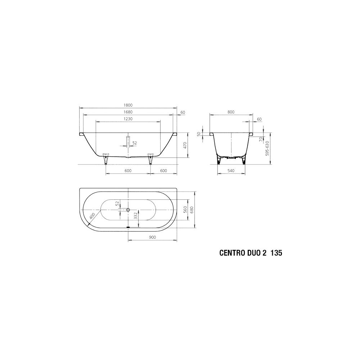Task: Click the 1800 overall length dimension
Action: [x=128, y=105]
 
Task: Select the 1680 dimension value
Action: [x=128, y=112]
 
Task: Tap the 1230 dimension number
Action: [x=128, y=119]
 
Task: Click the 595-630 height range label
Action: [x=267, y=149]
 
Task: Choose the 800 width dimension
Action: [x=231, y=112]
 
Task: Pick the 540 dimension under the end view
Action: [x=231, y=171]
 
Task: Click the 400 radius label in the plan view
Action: [x=92, y=216]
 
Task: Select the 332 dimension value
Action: [x=135, y=216]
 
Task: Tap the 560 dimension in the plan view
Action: [x=185, y=210]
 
